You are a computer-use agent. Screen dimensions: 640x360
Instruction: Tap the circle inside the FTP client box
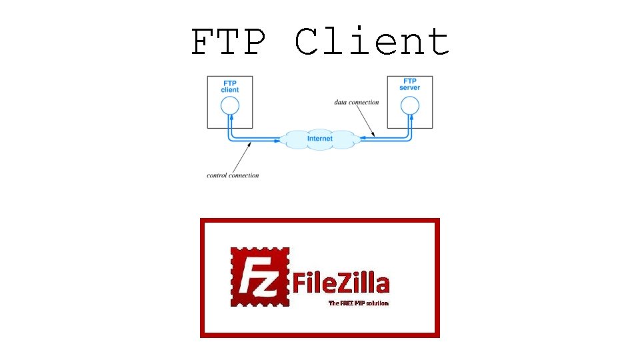pyautogui.click(x=229, y=105)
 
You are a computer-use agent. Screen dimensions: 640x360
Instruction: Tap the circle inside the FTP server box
pyautogui.click(x=409, y=105)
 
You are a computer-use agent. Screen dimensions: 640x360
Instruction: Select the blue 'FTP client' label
pyautogui.click(x=229, y=86)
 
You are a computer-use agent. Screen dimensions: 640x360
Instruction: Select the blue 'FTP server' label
pyautogui.click(x=409, y=85)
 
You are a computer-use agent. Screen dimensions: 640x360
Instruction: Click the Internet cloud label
pyautogui.click(x=320, y=139)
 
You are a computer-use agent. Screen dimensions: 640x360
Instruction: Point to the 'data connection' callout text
pyautogui.click(x=357, y=102)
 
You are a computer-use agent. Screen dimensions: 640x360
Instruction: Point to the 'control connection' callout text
pyautogui.click(x=233, y=175)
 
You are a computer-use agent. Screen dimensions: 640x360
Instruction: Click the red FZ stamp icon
pyautogui.click(x=261, y=277)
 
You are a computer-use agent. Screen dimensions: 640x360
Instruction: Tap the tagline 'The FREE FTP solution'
pyautogui.click(x=358, y=303)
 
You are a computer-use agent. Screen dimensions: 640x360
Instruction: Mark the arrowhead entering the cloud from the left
pyautogui.click(x=277, y=140)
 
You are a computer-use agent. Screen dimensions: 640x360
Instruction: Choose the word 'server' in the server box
pyautogui.click(x=409, y=88)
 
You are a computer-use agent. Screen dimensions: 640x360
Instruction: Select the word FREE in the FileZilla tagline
pyautogui.click(x=348, y=303)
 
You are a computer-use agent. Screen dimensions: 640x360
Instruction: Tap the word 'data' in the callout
pyautogui.click(x=341, y=102)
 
